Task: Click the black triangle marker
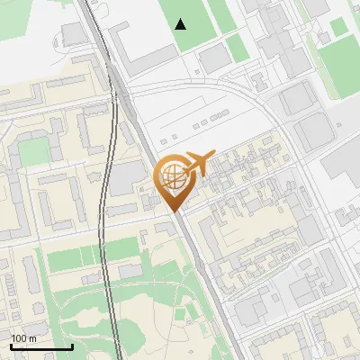[x=182, y=23]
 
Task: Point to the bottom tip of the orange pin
[x=175, y=211]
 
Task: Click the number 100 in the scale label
[x=19, y=338]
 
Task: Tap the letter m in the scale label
[x=32, y=338]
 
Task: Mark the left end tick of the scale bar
[x=11, y=346]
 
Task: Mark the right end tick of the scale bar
[x=72, y=346]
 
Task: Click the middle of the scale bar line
[x=41, y=346]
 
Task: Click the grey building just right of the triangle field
[x=213, y=58]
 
